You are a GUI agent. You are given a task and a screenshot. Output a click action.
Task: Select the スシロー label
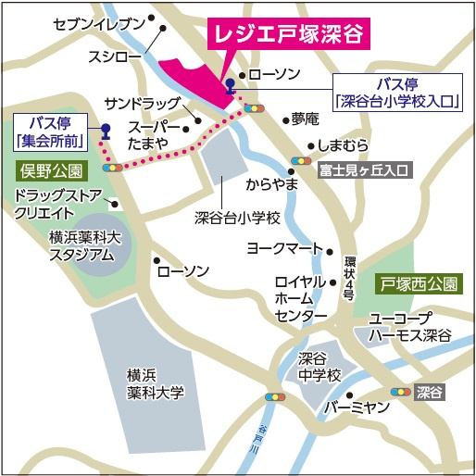(114, 57)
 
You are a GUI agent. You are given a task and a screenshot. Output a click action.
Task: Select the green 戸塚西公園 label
(416, 283)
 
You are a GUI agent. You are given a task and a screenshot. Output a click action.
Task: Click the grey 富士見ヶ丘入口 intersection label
(363, 170)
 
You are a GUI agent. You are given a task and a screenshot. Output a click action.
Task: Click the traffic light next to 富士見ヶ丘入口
(300, 159)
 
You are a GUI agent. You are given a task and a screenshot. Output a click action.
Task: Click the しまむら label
(343, 145)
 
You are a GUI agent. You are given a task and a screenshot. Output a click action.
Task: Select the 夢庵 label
(305, 119)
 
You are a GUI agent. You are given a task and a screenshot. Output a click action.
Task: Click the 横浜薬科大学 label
(156, 383)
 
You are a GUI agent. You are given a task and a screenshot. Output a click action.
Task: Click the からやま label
(271, 184)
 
